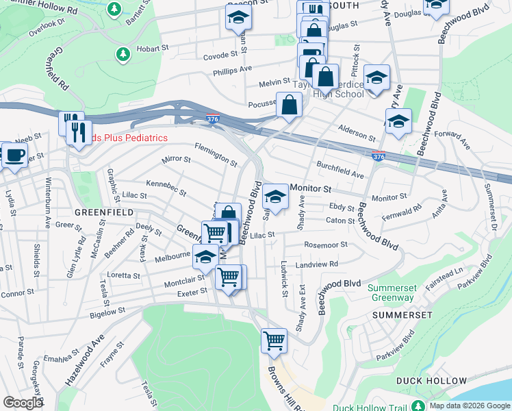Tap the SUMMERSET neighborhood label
coord(402,314)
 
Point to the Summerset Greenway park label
coord(392,292)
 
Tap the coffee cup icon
coord(14,155)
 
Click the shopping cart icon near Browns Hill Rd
coord(274,340)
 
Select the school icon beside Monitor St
coord(275,198)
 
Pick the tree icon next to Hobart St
coord(123,53)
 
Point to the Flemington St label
coord(216,155)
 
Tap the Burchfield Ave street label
coord(340,170)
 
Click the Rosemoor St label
coord(326,244)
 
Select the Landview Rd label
coord(317,264)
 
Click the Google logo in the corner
coord(23,403)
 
